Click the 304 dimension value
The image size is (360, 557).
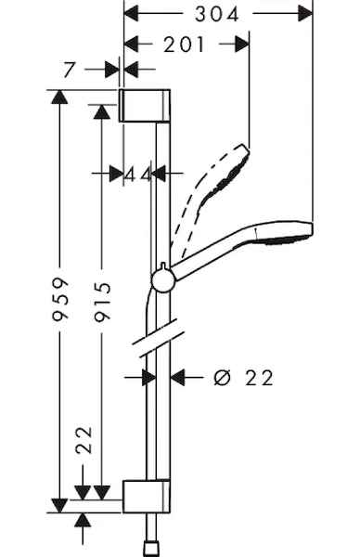(x=217, y=15)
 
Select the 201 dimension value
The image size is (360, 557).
(x=184, y=45)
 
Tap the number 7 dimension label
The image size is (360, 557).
(x=70, y=70)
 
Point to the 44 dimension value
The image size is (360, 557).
(x=138, y=175)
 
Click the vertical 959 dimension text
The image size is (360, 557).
(x=59, y=300)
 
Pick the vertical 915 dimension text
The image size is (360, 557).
(x=103, y=302)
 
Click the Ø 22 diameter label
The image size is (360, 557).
(x=243, y=378)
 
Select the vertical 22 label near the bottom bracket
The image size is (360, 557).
(x=84, y=440)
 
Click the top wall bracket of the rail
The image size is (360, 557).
(x=145, y=106)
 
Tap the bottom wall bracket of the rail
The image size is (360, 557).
(x=147, y=497)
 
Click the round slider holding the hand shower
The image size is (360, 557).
(x=163, y=280)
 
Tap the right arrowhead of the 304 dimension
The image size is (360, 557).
(x=305, y=14)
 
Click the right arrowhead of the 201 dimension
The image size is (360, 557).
(x=242, y=44)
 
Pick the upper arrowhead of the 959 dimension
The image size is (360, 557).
(x=59, y=97)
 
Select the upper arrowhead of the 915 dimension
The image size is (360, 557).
(x=102, y=112)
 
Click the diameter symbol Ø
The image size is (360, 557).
(x=223, y=378)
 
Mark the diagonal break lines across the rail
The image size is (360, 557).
(x=159, y=338)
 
